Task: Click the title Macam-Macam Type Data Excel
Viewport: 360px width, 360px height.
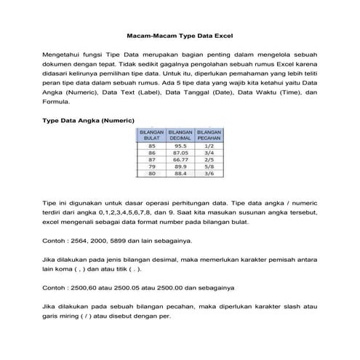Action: point(180,34)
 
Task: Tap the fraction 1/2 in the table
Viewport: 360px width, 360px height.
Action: point(209,145)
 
